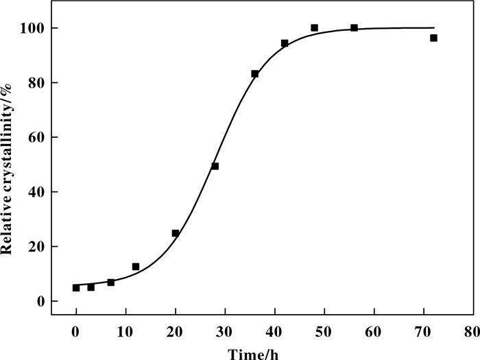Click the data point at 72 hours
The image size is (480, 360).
click(433, 38)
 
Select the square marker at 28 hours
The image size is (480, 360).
click(215, 166)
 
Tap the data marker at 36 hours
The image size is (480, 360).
click(254, 74)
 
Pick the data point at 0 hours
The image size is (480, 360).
click(76, 288)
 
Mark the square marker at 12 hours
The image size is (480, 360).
click(136, 267)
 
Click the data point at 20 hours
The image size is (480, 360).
click(176, 233)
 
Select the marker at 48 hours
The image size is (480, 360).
click(314, 28)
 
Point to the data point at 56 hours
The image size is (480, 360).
click(355, 28)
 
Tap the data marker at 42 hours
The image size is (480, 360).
click(285, 43)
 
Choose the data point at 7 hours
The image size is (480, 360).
click(111, 283)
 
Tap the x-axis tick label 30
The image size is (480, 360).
click(225, 332)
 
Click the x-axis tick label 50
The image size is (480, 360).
click(324, 332)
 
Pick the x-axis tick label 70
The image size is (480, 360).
click(423, 332)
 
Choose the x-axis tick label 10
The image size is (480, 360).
click(125, 332)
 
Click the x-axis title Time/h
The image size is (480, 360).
click(254, 355)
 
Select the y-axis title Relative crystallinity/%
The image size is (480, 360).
click(6, 169)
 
